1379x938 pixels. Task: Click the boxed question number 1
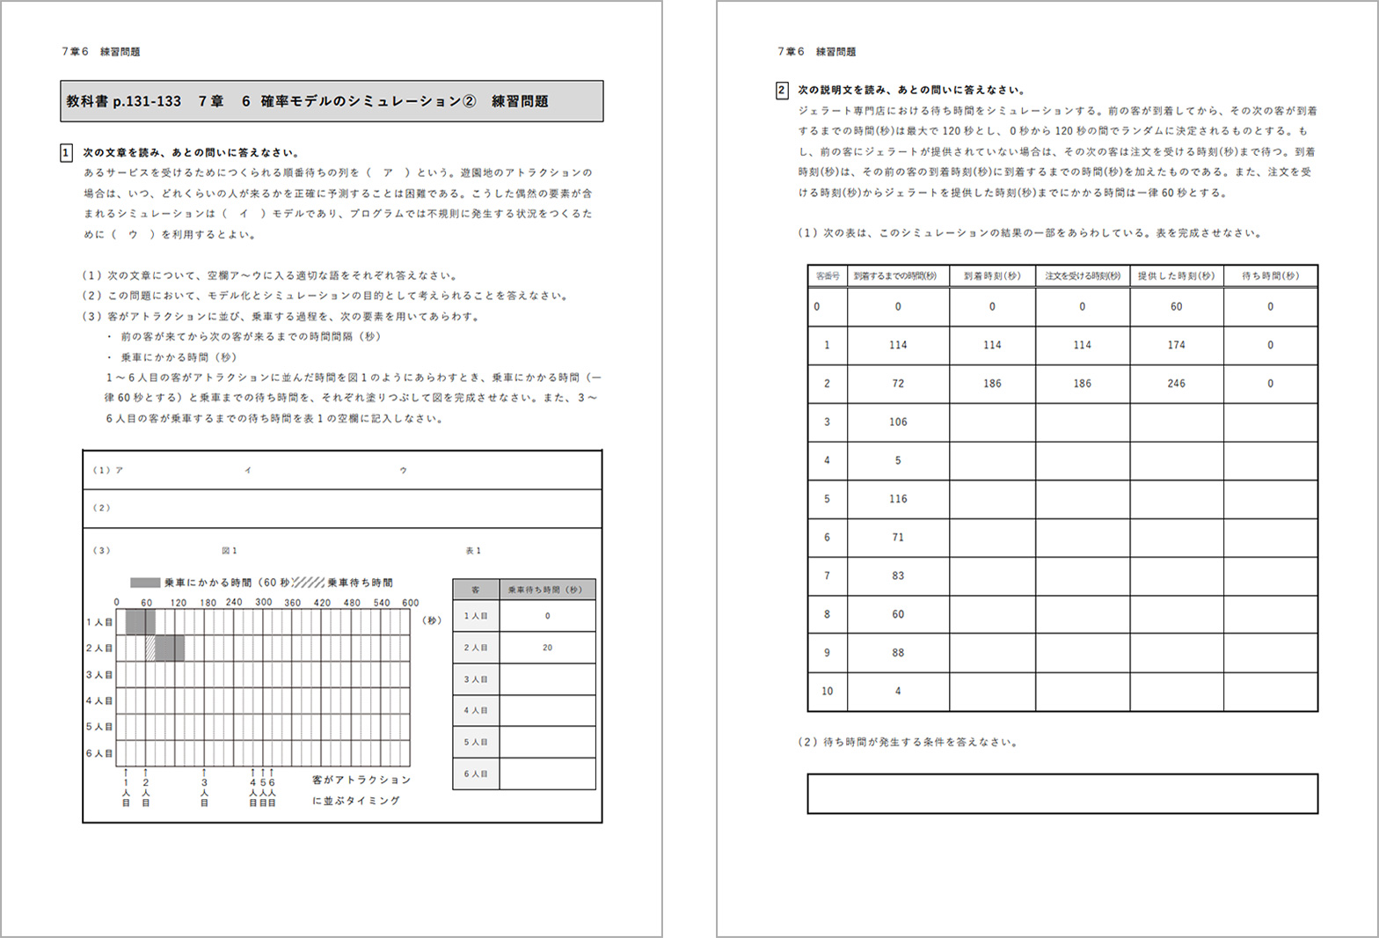[66, 153]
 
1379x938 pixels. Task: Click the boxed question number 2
[781, 90]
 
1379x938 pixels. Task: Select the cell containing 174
[1176, 345]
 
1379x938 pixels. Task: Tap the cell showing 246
[1176, 384]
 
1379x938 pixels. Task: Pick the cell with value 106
[897, 422]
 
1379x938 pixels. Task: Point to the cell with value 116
[897, 499]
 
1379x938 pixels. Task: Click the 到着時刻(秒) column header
[992, 276]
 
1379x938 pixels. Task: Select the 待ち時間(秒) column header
[1270, 276]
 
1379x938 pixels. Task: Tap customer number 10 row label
[827, 692]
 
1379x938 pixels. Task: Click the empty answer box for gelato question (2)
[1062, 794]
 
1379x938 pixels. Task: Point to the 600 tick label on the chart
[411, 603]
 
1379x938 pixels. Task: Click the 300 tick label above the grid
[264, 603]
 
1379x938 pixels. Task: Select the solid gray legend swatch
[145, 583]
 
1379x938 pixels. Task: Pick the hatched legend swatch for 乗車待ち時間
[309, 583]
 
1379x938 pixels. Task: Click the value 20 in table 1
[547, 648]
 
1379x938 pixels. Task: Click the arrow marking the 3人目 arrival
[204, 772]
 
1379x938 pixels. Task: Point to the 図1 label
[230, 551]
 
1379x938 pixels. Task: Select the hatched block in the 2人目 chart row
[150, 649]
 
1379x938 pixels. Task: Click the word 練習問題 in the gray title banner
[520, 102]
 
